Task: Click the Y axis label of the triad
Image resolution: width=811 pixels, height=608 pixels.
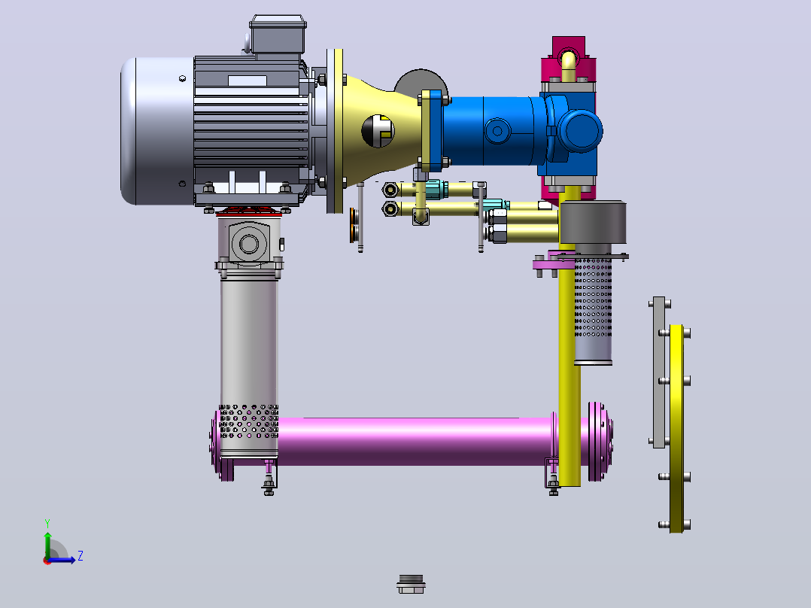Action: [x=47, y=523]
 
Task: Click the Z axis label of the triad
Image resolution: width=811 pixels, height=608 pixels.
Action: [x=80, y=556]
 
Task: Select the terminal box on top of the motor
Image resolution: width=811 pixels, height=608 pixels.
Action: [x=278, y=34]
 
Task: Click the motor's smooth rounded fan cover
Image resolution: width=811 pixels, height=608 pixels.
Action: [x=157, y=131]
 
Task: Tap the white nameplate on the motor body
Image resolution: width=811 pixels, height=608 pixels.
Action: [x=248, y=81]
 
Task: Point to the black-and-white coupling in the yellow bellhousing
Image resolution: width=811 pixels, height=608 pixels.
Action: [x=378, y=131]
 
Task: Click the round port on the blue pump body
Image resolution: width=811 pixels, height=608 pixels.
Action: [x=497, y=131]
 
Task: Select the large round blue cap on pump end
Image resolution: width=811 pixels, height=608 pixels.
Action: [x=580, y=130]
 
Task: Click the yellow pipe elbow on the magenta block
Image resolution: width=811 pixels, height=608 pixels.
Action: [x=569, y=65]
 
